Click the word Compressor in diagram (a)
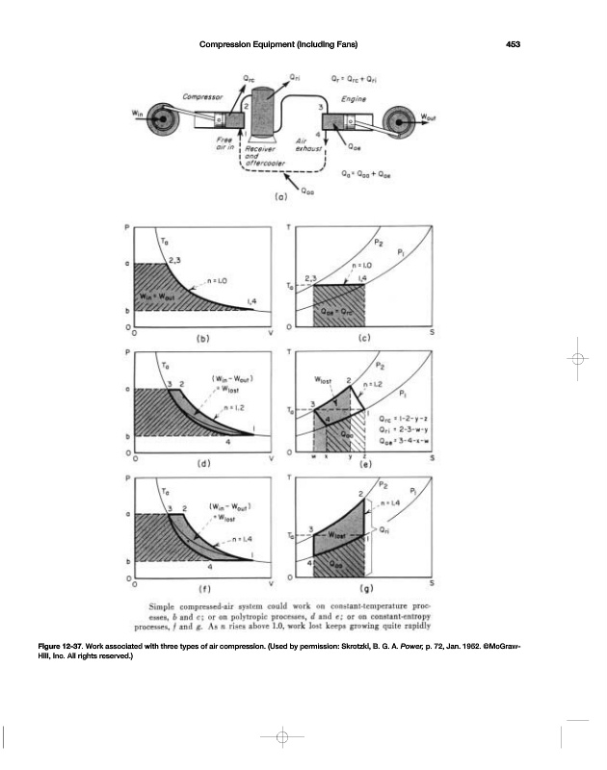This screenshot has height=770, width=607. click(x=202, y=97)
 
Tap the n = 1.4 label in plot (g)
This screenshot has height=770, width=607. click(x=390, y=503)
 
